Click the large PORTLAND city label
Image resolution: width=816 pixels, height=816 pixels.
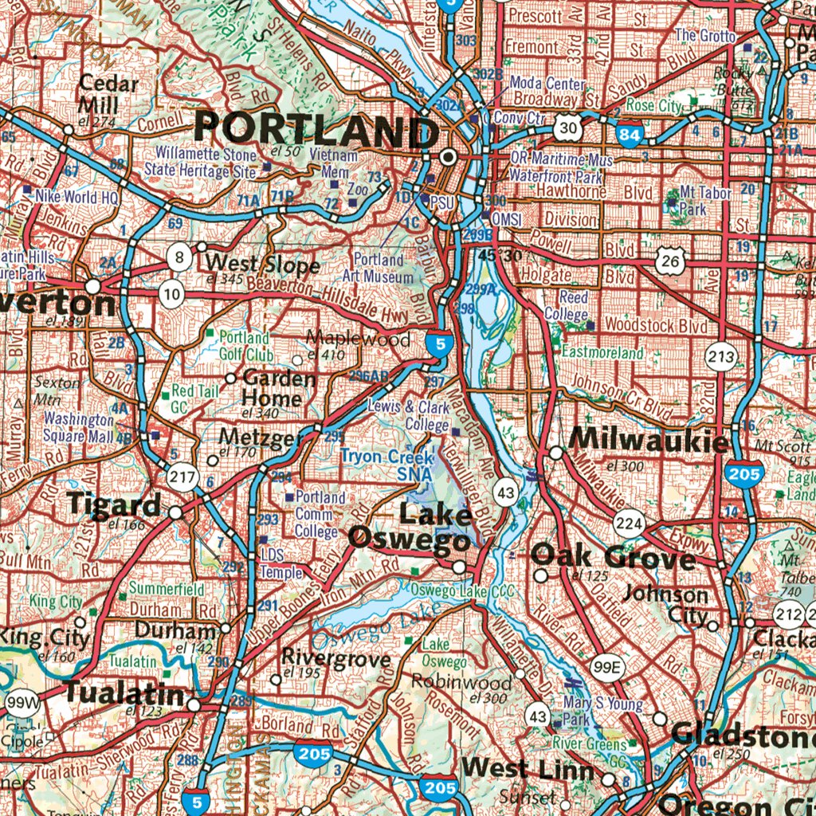pyautogui.click(x=316, y=128)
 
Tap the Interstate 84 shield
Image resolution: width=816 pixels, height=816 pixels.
pyautogui.click(x=630, y=135)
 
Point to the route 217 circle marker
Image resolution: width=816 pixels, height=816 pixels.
pyautogui.click(x=182, y=477)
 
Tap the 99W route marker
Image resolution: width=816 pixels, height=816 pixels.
pyautogui.click(x=22, y=703)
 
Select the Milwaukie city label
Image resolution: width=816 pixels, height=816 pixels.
pyautogui.click(x=649, y=440)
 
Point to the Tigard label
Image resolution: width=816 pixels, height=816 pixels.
pyautogui.click(x=114, y=504)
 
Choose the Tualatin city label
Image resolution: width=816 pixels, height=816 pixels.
pyautogui.click(x=124, y=692)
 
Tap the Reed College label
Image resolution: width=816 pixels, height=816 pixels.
pyautogui.click(x=566, y=305)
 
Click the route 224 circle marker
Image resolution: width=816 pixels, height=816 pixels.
pyautogui.click(x=628, y=524)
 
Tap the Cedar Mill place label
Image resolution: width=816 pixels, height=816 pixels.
pyautogui.click(x=109, y=94)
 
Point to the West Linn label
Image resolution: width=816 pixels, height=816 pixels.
pyautogui.click(x=528, y=769)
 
